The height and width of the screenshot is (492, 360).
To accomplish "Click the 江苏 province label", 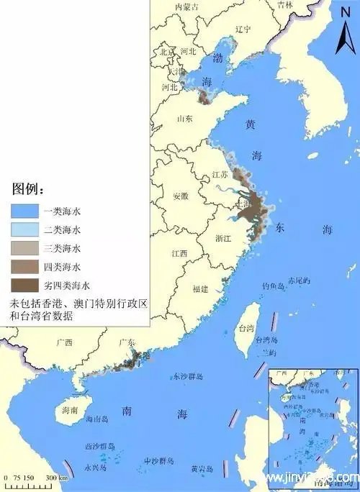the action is [220, 175].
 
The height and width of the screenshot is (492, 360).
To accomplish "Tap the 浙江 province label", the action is [223, 237].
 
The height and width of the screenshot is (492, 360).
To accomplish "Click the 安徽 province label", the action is [181, 196].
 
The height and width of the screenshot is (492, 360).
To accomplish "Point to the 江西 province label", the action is [179, 253].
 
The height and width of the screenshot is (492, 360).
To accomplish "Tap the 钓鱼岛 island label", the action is [274, 286].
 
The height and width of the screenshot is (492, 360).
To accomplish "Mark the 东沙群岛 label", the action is [189, 376].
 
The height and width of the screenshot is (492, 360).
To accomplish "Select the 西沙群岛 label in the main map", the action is [100, 446].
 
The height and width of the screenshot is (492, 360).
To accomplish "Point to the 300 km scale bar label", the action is [58, 478].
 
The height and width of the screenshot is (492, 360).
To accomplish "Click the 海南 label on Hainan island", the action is [69, 410].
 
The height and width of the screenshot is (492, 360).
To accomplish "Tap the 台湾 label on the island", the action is [246, 329].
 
